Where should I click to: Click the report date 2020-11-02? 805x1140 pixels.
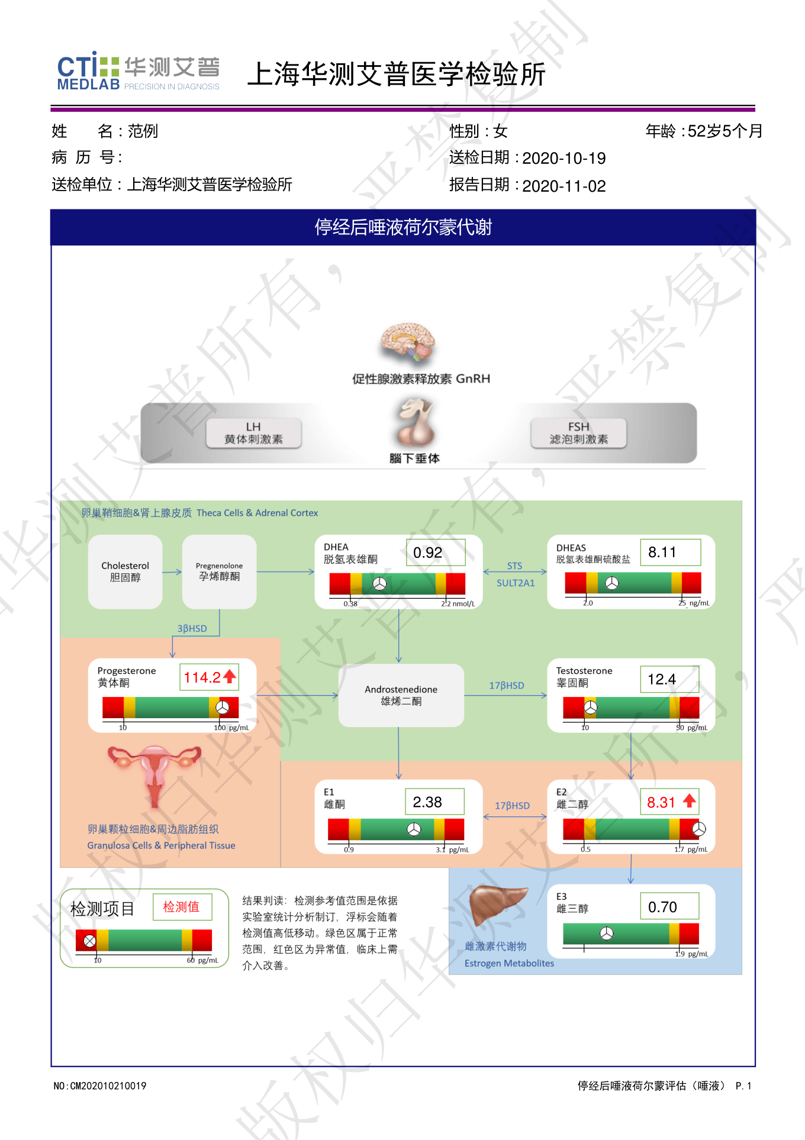[x=563, y=186]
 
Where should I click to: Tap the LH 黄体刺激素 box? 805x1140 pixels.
[x=253, y=433]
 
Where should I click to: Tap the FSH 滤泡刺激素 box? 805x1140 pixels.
[x=578, y=433]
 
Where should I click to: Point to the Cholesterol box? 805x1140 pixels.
[x=125, y=571]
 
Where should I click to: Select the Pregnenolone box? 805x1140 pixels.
[x=219, y=571]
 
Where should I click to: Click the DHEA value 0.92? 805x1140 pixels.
[x=428, y=553]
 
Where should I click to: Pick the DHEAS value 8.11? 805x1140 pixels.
[x=662, y=552]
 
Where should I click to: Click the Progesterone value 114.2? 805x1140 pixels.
[x=202, y=677]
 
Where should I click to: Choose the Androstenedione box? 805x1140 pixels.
[x=401, y=695]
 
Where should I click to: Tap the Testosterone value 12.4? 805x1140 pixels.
[x=662, y=679]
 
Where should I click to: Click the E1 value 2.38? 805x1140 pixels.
[x=427, y=802]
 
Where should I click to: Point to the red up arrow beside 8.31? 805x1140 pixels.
[x=689, y=801]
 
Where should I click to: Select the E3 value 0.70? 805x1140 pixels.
[x=662, y=907]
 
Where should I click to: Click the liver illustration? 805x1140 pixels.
[x=497, y=905]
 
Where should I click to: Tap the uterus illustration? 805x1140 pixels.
[x=154, y=772]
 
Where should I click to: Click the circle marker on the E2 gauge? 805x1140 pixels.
[x=699, y=829]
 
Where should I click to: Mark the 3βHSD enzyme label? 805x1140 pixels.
[x=192, y=628]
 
